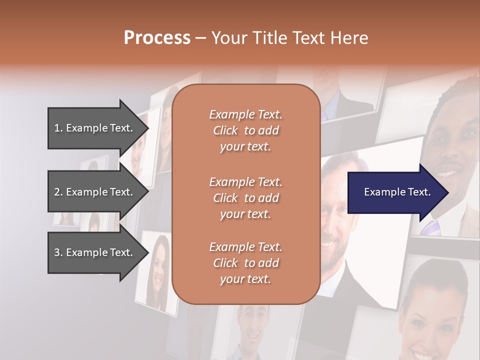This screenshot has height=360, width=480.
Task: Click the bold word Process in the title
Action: coord(157,38)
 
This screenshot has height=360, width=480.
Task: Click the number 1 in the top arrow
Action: coord(57,128)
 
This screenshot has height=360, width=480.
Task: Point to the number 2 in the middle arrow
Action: coord(57,192)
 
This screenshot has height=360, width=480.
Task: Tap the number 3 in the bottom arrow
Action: coord(57,252)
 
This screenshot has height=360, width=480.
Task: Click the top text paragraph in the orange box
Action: coord(245,130)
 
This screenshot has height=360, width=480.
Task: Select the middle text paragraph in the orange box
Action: coord(245,197)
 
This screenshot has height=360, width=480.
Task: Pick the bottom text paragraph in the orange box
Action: coord(245,263)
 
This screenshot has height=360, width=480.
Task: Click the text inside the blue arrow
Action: coord(397,192)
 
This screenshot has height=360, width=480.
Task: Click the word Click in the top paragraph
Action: coord(225,130)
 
